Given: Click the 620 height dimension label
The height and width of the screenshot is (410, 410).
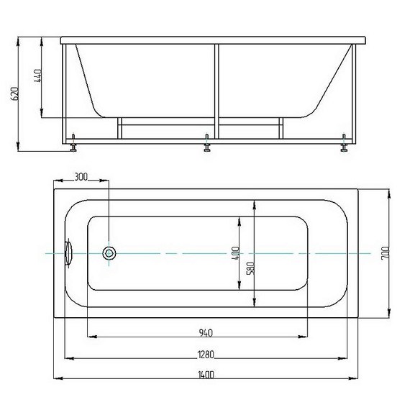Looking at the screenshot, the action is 15,94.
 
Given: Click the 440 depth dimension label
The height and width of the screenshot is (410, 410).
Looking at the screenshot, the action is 37,76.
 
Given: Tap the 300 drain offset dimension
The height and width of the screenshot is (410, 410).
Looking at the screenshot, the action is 81,177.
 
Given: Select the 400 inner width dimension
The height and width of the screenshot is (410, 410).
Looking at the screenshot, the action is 235,253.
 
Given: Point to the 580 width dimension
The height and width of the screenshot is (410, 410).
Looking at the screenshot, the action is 250,268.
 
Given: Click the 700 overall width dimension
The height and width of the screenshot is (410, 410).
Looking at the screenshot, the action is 385,253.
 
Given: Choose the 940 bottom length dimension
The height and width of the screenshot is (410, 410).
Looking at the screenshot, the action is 206,333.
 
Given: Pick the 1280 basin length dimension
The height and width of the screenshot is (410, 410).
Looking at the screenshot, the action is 206,355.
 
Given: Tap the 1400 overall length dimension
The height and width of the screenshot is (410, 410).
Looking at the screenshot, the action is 206,375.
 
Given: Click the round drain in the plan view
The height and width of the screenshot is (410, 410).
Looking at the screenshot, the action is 109,253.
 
